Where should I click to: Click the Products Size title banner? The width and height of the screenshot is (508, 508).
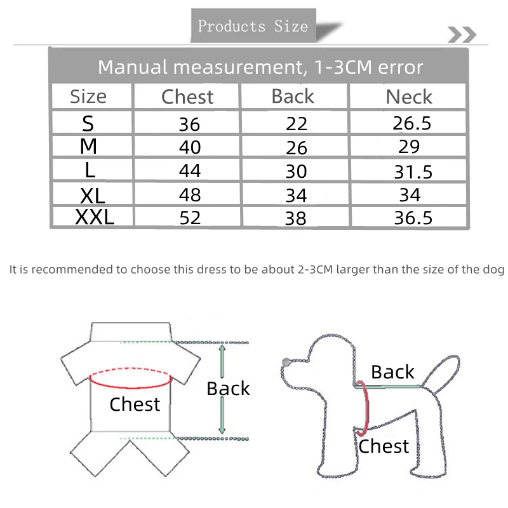tap(253, 25)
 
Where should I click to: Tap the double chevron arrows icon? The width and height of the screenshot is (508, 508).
tap(462, 35)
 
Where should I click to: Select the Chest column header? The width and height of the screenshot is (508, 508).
tap(187, 97)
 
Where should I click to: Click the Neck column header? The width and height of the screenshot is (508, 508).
tap(409, 97)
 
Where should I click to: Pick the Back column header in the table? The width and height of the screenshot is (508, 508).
tap(293, 97)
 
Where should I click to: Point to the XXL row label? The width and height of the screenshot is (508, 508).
tap(95, 217)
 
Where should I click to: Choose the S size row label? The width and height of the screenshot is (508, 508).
tap(88, 123)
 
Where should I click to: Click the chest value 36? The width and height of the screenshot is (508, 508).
tap(189, 124)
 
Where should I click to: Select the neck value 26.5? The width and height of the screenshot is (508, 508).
tap(411, 123)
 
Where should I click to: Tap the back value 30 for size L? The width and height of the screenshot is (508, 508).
tap(296, 171)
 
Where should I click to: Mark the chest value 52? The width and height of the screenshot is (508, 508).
tap(190, 218)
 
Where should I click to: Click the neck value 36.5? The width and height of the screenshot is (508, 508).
tap(413, 217)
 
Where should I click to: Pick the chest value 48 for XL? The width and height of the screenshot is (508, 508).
tap(190, 195)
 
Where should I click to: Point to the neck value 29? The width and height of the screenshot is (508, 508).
tap(409, 147)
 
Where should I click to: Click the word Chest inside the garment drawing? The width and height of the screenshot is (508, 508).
tap(135, 404)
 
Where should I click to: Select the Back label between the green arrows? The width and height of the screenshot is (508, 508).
tap(228, 389)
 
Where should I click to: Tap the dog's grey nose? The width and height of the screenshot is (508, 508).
tap(286, 362)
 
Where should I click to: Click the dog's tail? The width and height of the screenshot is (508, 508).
tap(441, 373)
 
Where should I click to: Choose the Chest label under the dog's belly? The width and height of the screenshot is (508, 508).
tap(384, 446)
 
